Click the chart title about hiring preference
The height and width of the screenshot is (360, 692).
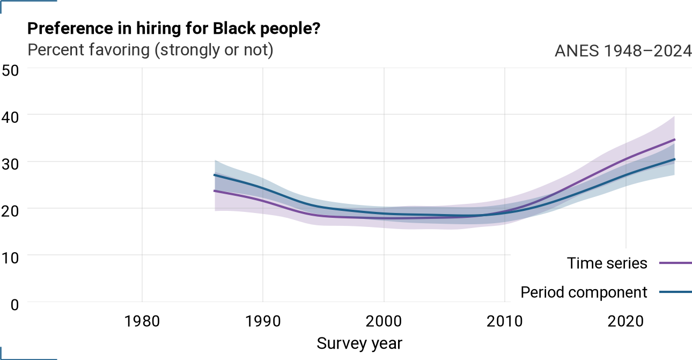pos(174,29)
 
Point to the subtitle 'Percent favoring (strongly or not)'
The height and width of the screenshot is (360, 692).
pos(150,50)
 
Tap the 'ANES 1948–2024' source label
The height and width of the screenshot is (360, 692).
pos(623,50)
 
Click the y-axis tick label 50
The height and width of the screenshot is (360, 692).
pos(10,70)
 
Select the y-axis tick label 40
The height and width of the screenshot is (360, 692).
pos(10,117)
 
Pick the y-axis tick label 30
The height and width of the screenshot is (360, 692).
pos(10,164)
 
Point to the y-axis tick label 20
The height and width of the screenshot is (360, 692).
pos(10,211)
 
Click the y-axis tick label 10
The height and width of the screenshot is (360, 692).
pos(10,258)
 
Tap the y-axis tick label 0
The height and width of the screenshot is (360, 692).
pos(14,305)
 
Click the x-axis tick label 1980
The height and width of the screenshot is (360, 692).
pos(142,321)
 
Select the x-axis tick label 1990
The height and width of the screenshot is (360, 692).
pos(263,321)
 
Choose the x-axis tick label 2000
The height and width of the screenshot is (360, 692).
pos(384,321)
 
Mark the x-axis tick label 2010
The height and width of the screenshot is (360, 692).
pos(505,321)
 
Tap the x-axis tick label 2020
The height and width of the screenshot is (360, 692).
pos(626,321)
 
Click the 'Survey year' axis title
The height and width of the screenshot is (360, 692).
pos(359,343)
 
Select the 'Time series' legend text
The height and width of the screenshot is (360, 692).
pos(607,263)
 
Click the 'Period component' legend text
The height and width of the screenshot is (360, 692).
pos(584,292)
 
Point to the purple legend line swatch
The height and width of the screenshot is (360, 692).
pos(675,263)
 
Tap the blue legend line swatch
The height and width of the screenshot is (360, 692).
pos(675,292)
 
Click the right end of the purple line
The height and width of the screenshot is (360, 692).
pos(675,139)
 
